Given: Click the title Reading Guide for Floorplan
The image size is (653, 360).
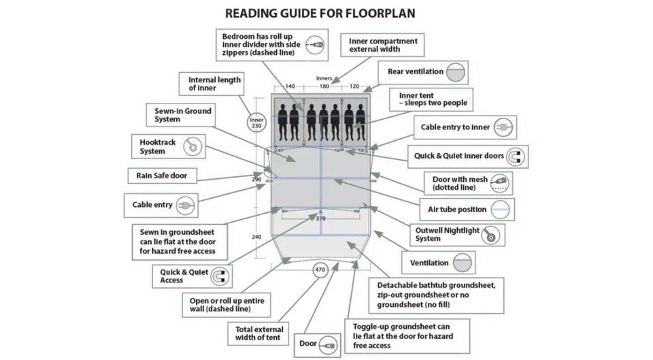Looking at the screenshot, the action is click(320, 14).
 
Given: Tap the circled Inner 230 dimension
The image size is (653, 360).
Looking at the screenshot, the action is click(256, 122).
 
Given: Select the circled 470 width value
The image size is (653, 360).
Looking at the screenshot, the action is click(320, 269).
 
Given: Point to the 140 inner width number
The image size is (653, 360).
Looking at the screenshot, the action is click(290, 86).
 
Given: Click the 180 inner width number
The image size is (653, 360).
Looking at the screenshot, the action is click(324, 86).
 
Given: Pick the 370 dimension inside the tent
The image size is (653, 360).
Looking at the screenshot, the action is click(320, 218).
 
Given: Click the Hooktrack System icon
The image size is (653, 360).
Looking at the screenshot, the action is click(192, 146).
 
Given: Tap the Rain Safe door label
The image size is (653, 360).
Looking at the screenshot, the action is click(162, 176).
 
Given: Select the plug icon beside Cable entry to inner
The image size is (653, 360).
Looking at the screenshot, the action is click(503, 127).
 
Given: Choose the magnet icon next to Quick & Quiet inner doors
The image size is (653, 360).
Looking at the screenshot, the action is click(516, 157).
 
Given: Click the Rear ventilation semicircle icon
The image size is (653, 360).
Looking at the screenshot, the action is click(456, 73).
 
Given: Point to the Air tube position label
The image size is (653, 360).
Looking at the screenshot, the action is click(457, 209).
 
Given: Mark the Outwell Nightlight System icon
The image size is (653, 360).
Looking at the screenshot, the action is click(490, 235).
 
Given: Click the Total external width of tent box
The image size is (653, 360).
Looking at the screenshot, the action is click(258, 333).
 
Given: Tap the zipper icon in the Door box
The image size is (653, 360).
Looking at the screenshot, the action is click(328, 346).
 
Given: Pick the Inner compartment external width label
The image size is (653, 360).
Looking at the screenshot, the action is click(383, 45).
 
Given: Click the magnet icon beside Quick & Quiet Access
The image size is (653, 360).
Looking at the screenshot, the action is click(220, 276).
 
